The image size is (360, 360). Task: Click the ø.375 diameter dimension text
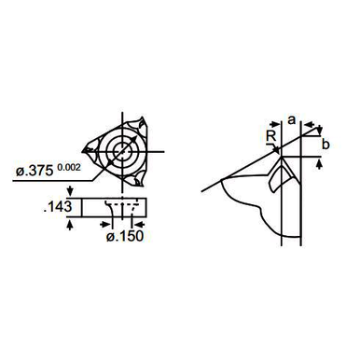coord(35,171)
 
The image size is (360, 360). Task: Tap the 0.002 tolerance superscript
coord(69,167)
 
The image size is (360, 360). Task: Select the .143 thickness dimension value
coord(58,207)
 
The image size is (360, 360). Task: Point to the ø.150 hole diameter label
coord(125,236)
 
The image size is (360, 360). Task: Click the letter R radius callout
coord(271,136)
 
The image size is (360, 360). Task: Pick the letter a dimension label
coord(291,119)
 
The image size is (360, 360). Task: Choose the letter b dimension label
coord(325,145)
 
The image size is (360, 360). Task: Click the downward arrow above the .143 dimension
coord(70,191)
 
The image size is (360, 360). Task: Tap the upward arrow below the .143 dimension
coord(70,225)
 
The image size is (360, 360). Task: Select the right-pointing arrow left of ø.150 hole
coord(105,224)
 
